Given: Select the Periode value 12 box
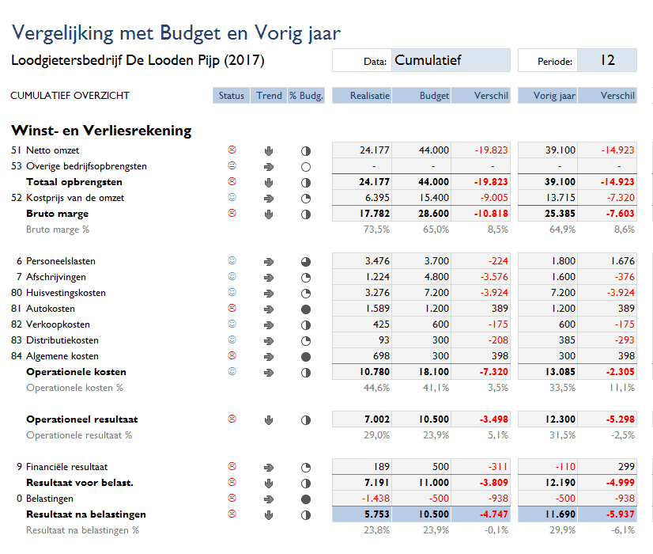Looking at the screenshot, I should [607, 60].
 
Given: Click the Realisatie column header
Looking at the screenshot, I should [361, 96].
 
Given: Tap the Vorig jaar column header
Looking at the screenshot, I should [547, 96].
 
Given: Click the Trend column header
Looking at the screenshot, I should [269, 96].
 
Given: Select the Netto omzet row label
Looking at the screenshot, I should [52, 150].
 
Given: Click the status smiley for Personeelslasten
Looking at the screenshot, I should [232, 260].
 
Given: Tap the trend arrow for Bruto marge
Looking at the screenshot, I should [269, 214].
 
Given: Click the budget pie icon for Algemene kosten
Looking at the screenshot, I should [306, 356].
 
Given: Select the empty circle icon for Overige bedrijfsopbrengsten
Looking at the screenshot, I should [306, 166].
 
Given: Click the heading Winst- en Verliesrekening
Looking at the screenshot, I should [101, 131].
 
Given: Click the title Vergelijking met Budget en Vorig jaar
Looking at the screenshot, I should [176, 32].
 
